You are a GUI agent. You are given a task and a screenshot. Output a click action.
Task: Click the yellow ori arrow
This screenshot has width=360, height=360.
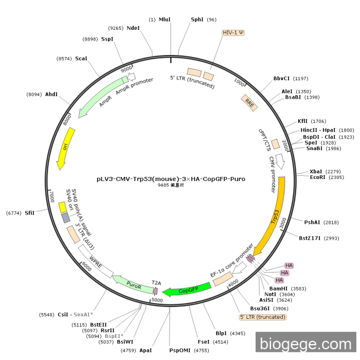pos(66,147)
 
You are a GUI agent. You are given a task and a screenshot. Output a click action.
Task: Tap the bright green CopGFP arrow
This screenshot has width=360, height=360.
pos(187,290)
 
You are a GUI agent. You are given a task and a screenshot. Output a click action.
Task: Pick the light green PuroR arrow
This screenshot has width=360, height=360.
pos(133,285)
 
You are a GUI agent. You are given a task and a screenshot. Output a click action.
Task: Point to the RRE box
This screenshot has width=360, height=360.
pos(249,103)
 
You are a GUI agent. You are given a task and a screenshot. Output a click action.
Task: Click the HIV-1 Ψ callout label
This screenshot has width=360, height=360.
pos(233,33)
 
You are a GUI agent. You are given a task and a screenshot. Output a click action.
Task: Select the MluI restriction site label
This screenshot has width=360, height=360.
pos(165,20)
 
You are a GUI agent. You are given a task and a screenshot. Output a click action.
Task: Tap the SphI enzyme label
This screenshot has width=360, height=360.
pos(197,20)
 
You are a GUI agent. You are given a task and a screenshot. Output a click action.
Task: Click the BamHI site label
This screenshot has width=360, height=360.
pos(278,289)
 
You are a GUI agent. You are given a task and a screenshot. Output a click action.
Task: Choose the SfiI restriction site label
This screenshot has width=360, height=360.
pos(29,213)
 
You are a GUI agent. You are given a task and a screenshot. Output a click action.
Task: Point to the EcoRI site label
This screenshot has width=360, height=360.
pos(317,177)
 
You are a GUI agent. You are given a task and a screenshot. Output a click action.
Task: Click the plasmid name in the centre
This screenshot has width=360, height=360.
pos(171,179)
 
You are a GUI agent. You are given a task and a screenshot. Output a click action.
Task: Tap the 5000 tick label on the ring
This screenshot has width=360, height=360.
pos(157,300)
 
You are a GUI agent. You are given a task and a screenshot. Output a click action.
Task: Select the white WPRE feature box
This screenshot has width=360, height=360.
pos(96,261)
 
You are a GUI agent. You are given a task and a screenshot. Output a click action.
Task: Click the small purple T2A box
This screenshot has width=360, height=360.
pos(155,291)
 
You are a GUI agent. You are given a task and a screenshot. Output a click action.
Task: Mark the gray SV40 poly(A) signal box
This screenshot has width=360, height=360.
pos(66,218)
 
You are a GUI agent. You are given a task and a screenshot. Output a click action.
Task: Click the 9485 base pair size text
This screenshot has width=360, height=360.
pos(171,185)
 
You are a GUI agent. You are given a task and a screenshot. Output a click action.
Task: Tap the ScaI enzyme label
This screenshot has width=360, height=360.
pos(81,59)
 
